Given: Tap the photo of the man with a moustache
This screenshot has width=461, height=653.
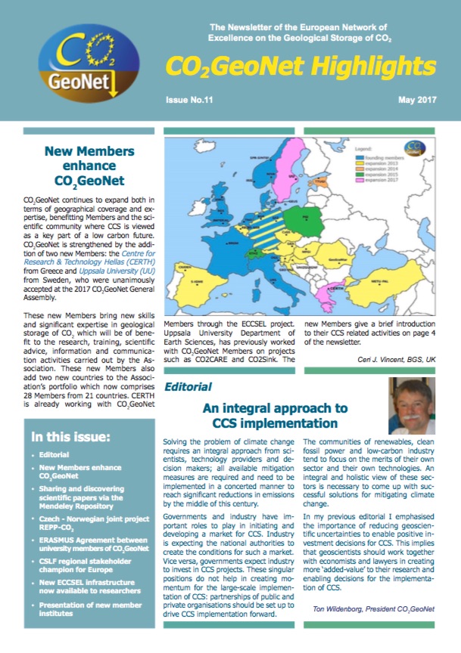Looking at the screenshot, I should pos(417,407).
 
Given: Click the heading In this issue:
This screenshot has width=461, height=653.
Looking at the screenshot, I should pos(73,437).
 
